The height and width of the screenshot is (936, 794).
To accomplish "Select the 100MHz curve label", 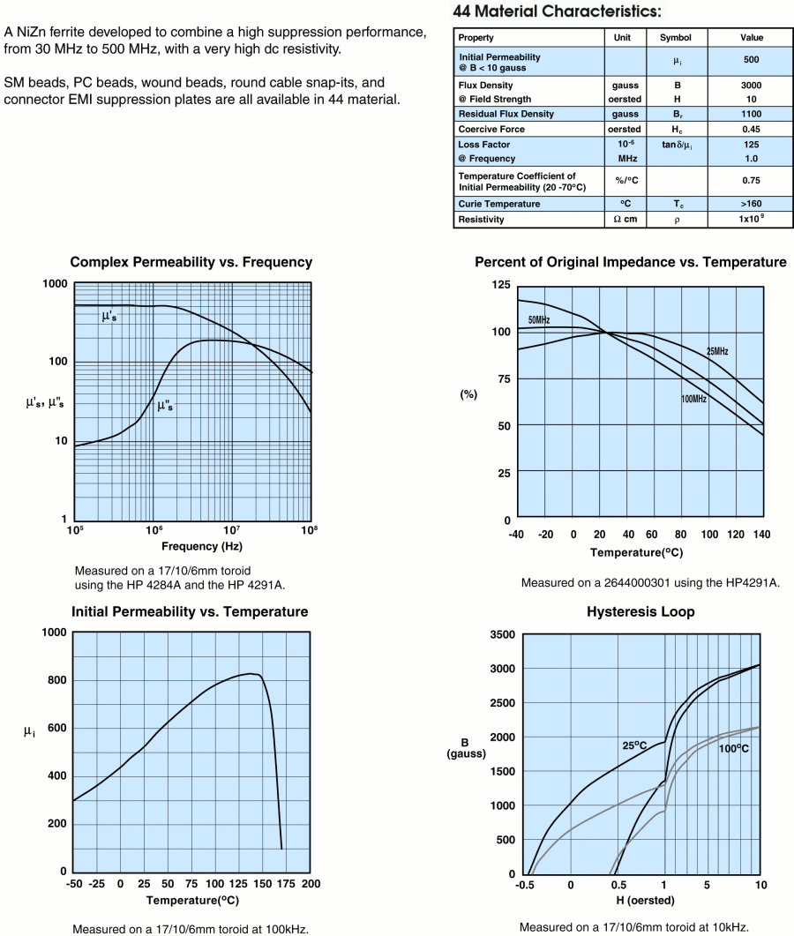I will pyautogui.click(x=693, y=400).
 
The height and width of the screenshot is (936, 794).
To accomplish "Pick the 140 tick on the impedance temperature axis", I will pyautogui.click(x=762, y=535).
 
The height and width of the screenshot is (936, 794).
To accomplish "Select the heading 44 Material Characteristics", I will pyautogui.click(x=555, y=11).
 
